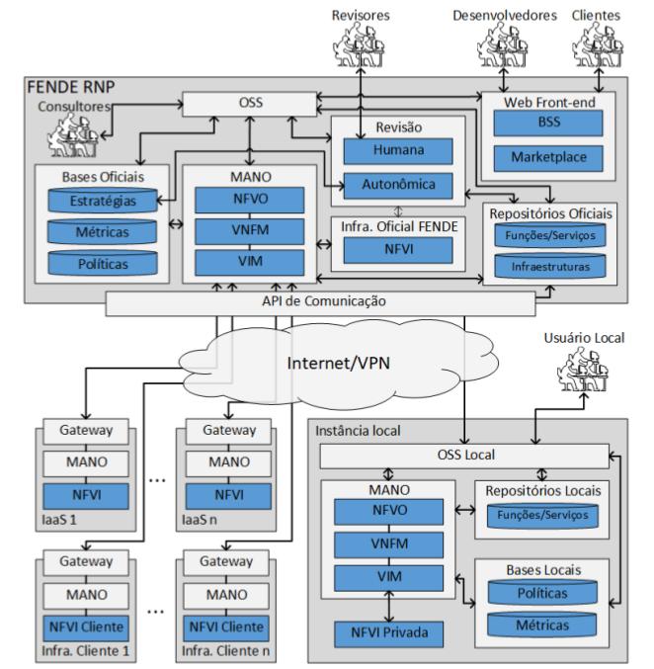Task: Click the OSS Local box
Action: click(x=464, y=456)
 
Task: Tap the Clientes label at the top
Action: click(x=596, y=16)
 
